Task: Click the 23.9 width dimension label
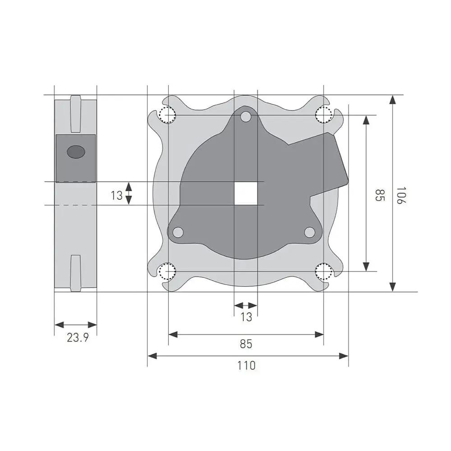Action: pos(78,337)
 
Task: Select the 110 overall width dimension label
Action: pos(247,366)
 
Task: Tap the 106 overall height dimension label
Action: pos(401,196)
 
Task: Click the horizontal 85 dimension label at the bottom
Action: pos(246,344)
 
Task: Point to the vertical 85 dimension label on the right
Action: pos(380,195)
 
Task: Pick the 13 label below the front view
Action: pos(246,317)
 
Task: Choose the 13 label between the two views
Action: pos(117,196)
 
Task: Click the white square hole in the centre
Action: pos(246,193)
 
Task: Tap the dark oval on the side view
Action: pos(76,151)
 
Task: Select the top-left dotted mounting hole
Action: pos(168,115)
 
